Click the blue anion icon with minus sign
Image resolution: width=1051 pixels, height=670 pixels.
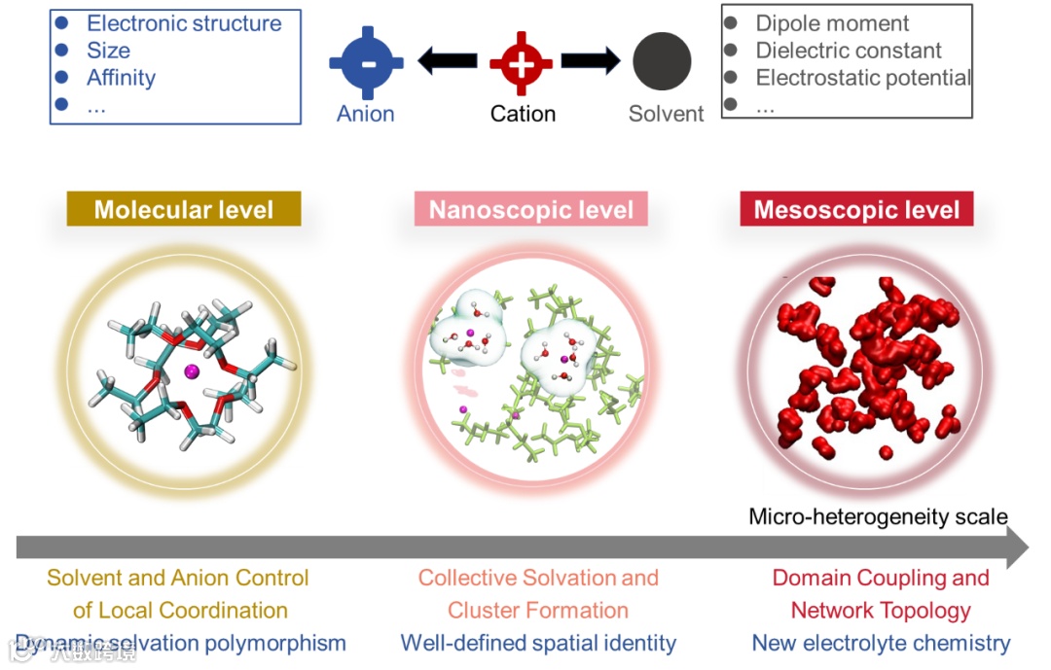(x=365, y=62)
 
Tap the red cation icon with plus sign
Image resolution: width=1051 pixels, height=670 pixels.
(x=522, y=62)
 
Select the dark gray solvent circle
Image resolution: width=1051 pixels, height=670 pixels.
(x=662, y=62)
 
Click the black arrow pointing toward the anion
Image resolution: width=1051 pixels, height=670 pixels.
(x=447, y=62)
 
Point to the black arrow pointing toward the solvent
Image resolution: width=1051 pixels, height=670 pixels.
(x=591, y=62)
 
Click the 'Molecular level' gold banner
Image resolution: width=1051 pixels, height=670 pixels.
(x=184, y=209)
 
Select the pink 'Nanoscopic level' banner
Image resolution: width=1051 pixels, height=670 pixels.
(x=531, y=209)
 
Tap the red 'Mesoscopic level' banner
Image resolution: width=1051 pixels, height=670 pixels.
(x=856, y=209)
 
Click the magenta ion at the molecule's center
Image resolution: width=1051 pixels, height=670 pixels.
(x=191, y=370)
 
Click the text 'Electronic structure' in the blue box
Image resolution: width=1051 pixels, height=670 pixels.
(x=184, y=23)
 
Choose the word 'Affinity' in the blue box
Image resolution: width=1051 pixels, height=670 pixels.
(x=121, y=78)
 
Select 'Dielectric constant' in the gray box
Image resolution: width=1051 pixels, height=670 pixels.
(x=849, y=51)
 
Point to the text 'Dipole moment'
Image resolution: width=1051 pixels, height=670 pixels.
(x=832, y=23)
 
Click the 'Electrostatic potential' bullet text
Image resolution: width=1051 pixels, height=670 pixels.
(x=863, y=78)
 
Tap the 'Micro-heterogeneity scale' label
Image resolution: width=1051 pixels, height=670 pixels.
(x=878, y=516)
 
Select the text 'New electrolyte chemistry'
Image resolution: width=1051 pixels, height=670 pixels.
(x=881, y=643)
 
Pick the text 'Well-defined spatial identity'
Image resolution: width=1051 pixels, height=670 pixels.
(x=537, y=643)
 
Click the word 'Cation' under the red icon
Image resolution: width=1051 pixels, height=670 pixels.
(x=523, y=114)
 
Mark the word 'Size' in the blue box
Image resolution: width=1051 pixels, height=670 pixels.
(x=108, y=51)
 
